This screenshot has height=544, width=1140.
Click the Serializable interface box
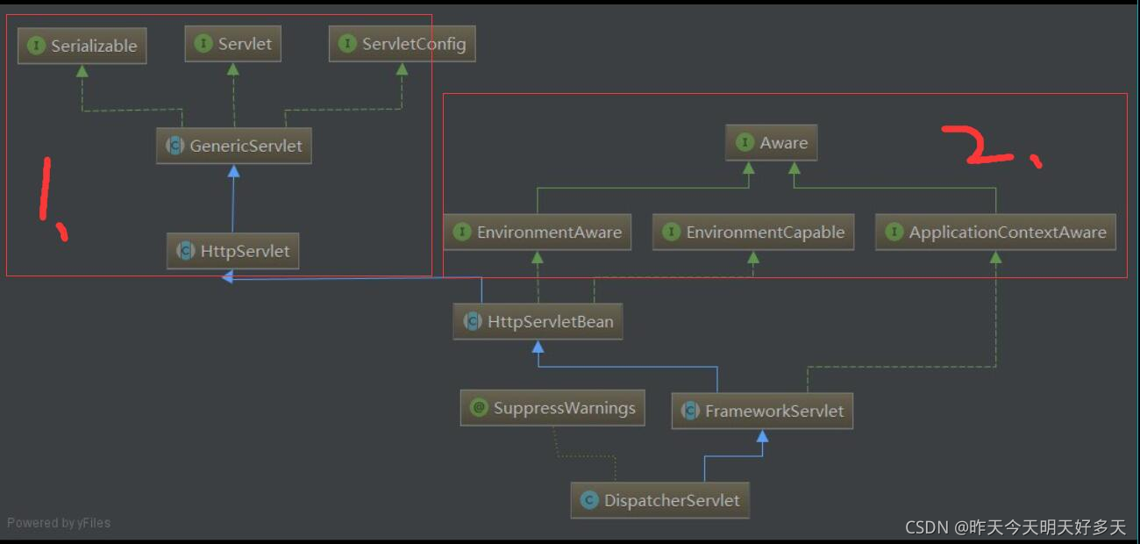[82, 46]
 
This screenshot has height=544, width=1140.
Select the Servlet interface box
[232, 44]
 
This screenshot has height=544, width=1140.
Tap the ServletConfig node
[402, 44]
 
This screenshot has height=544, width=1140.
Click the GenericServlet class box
[233, 146]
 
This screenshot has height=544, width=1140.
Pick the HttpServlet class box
[233, 251]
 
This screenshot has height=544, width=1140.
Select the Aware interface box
[771, 142]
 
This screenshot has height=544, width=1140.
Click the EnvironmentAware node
[537, 233]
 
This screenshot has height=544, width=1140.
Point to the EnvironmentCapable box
[753, 233]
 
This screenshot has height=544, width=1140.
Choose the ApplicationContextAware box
[995, 233]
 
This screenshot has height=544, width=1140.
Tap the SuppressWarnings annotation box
[552, 408]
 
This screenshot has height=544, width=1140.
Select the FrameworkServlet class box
[762, 411]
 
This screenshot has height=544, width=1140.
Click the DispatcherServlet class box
[660, 500]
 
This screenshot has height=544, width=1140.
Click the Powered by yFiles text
[59, 523]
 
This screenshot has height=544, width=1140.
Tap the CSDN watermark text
[1015, 526]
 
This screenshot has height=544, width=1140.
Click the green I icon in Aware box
[745, 142]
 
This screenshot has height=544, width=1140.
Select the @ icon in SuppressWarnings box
[479, 408]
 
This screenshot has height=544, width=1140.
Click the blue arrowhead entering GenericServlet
[233, 171]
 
